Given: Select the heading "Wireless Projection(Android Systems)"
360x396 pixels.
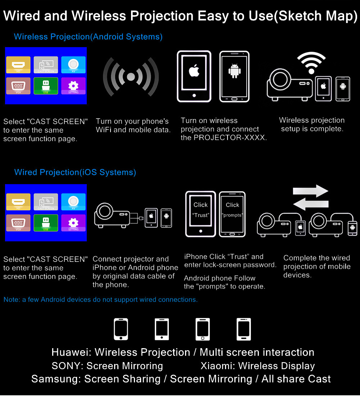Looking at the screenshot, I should coord(88,37).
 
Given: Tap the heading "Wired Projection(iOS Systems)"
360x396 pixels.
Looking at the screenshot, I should coord(75,172).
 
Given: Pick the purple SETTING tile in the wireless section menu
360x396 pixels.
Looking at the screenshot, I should coord(73,86).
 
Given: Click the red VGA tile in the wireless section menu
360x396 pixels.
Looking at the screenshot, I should coord(18,86).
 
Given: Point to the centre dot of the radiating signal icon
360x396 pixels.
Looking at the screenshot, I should coord(131,76).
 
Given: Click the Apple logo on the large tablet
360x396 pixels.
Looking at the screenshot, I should coord(194,71).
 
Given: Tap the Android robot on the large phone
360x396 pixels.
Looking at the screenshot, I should coord(234,71).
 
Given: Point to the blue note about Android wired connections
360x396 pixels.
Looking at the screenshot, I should coord(100,300).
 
